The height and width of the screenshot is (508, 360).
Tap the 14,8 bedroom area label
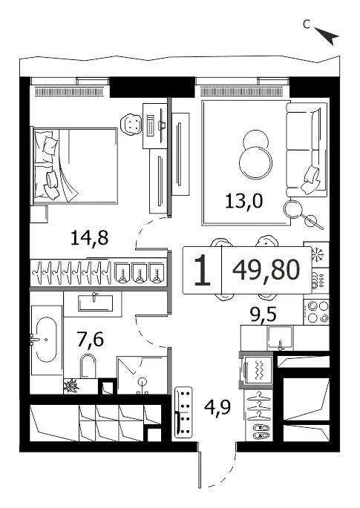(x=89, y=238)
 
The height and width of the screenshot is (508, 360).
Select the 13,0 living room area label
(x=243, y=202)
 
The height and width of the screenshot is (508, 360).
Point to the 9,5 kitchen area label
(x=263, y=314)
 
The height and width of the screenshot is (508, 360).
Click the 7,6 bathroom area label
(x=90, y=339)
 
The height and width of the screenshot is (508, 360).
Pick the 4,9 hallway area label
(x=217, y=407)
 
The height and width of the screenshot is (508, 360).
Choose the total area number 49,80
(x=266, y=270)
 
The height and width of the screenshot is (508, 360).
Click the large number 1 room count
(x=203, y=270)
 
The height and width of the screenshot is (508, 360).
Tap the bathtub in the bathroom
(x=46, y=340)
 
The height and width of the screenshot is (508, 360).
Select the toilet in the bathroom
(x=88, y=366)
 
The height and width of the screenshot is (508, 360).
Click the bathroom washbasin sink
(x=95, y=303)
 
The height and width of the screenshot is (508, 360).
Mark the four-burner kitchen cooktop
(x=316, y=311)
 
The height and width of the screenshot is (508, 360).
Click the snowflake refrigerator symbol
(x=316, y=254)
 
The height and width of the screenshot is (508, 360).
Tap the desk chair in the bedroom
(x=131, y=123)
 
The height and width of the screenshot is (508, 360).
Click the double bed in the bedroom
(x=74, y=166)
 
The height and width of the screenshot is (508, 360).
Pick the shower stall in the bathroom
(x=142, y=375)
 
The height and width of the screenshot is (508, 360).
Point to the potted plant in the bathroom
(x=71, y=386)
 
